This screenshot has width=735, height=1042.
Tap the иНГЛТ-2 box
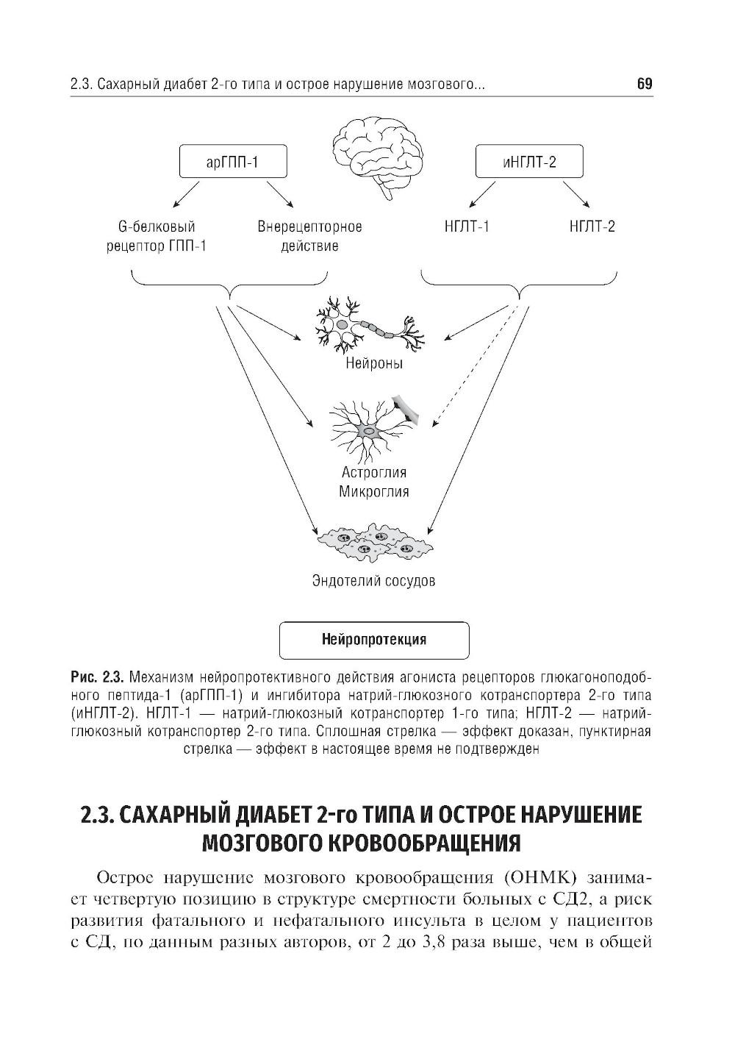[529, 163]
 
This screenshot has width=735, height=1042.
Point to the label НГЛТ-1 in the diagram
[467, 226]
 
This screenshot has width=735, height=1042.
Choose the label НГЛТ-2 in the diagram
[592, 226]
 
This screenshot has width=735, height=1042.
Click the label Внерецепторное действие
[309, 236]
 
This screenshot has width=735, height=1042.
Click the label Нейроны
[374, 363]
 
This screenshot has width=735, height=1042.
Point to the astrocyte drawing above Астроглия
[371, 427]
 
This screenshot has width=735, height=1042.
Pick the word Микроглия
[373, 491]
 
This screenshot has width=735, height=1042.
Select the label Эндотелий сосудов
[373, 581]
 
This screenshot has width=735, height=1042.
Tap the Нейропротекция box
[374, 640]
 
